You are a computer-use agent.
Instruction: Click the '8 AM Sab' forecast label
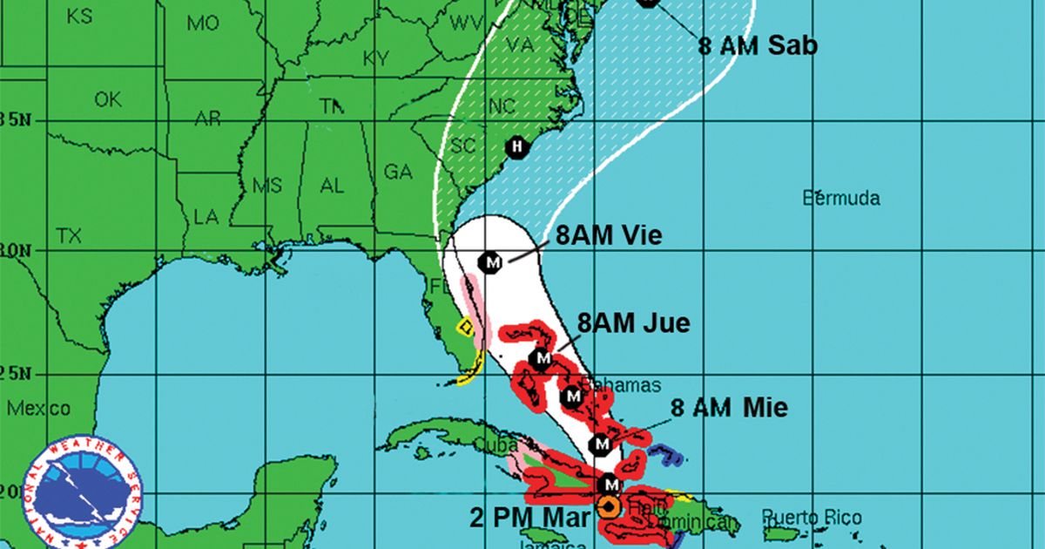click(x=758, y=45)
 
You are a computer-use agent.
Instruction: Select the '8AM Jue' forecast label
click(x=633, y=323)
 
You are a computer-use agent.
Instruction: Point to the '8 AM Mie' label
click(x=728, y=407)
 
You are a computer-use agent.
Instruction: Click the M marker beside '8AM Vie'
click(x=492, y=261)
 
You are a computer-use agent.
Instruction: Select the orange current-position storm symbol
click(x=608, y=508)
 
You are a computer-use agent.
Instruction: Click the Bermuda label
click(x=840, y=199)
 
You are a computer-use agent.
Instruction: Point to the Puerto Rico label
click(x=812, y=517)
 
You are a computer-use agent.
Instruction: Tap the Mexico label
click(x=38, y=409)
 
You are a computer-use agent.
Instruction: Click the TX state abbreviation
click(x=68, y=236)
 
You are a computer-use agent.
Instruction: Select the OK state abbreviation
click(x=108, y=100)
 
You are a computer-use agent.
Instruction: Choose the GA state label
click(x=398, y=173)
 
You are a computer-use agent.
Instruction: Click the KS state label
click(x=79, y=17)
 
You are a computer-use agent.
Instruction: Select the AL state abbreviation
click(x=332, y=186)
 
